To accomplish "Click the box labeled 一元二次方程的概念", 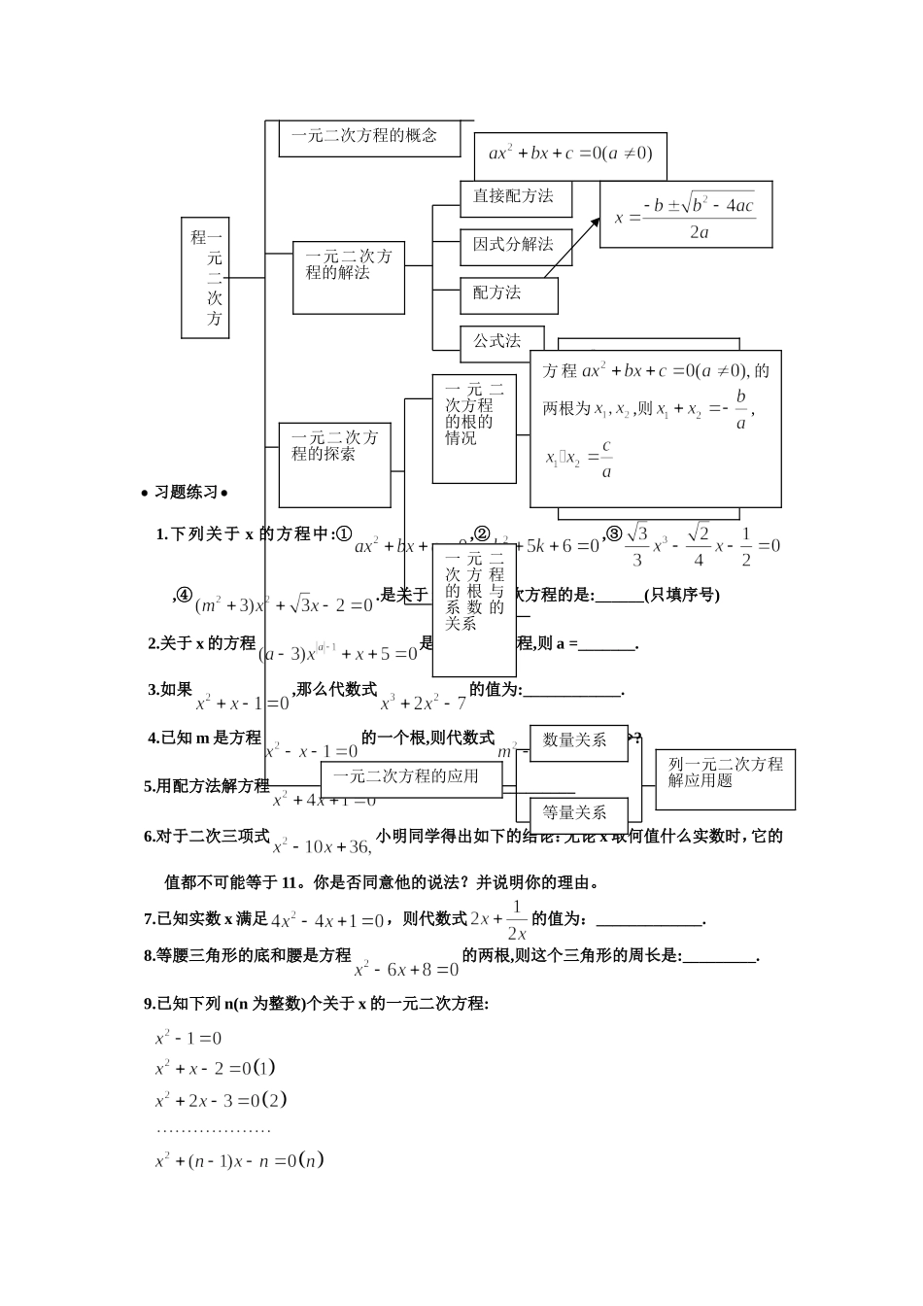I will (364, 137).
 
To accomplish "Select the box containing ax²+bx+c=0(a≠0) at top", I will (570, 155).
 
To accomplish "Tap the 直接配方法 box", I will (515, 197).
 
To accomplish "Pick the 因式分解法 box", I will (515, 246).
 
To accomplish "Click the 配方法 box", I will (508, 294).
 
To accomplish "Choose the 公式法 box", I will (500, 341).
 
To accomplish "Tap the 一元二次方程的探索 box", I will (334, 464).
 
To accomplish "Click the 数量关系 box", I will (578, 741).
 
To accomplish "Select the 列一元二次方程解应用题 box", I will (725, 778).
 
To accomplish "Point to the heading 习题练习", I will (185, 493).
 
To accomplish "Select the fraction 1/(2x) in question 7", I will (517, 919).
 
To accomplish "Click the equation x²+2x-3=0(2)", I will (221, 1100).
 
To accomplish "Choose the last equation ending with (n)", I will (238, 1160).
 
